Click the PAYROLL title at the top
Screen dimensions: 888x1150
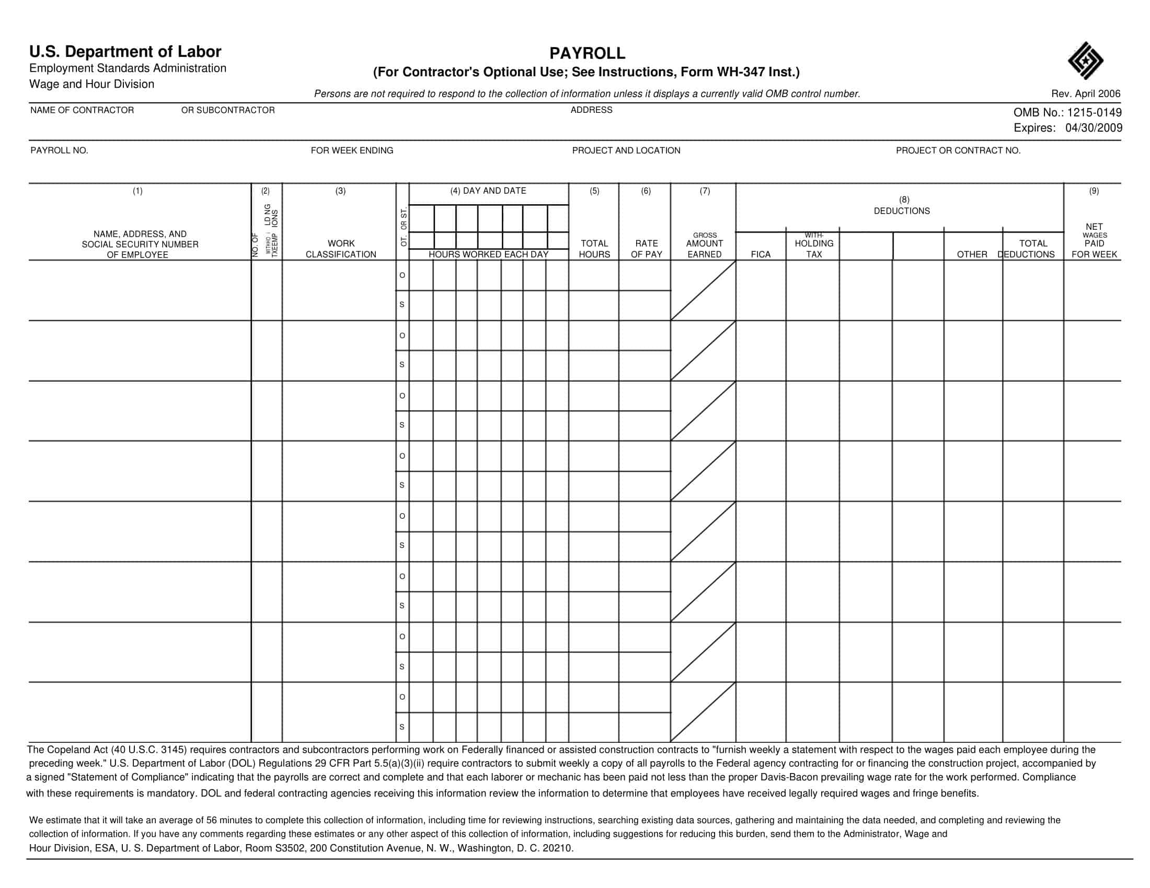tap(587, 53)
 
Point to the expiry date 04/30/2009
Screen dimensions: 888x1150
tap(1094, 128)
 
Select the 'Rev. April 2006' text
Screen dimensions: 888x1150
tap(1085, 94)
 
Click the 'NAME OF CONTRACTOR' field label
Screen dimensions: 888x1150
tap(82, 110)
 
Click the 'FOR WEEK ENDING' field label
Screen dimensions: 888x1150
tap(352, 150)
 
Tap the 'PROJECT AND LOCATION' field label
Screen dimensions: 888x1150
tap(626, 150)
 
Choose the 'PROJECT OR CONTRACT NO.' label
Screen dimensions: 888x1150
tap(958, 150)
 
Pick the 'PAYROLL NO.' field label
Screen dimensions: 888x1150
tap(59, 150)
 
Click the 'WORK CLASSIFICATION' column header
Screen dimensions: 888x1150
tap(341, 249)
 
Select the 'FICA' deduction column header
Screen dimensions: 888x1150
tap(761, 254)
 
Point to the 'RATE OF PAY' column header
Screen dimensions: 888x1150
tap(646, 249)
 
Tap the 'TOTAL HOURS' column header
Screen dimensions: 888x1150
tap(594, 249)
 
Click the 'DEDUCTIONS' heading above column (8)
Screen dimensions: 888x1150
tap(902, 211)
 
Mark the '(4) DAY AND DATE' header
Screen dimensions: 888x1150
tap(488, 191)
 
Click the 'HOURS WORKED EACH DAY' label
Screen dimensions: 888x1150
tap(488, 254)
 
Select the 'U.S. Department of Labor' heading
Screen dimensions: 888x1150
tap(125, 52)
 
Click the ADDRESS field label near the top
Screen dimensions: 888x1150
tap(591, 110)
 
